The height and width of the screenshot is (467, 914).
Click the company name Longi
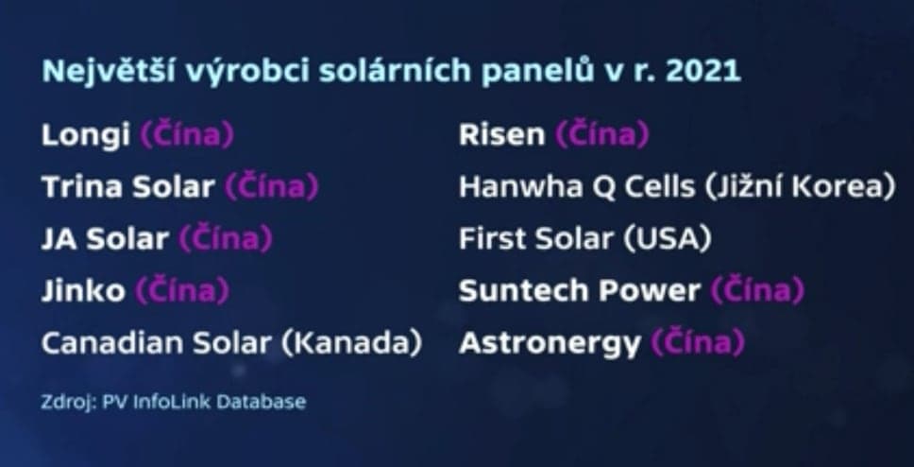[x=86, y=136]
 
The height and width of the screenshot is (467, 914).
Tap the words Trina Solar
[x=127, y=187]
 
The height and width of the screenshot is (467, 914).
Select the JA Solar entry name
[x=104, y=239]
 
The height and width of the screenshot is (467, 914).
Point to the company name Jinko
[x=83, y=291]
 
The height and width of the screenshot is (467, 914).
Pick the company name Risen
[x=501, y=136]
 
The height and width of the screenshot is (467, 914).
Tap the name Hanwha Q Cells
[x=574, y=187]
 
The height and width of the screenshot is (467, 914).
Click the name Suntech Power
[x=580, y=291]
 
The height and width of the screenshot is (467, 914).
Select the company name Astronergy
[x=549, y=343]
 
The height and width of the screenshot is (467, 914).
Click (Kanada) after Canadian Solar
[x=353, y=343]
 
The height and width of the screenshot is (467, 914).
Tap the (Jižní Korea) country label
[x=798, y=187]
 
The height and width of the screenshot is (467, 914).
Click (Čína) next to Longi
[x=186, y=136]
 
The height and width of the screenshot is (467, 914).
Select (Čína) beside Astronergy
[x=698, y=343]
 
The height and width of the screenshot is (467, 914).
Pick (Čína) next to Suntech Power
[x=757, y=291]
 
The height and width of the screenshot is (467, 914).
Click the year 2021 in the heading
[x=705, y=73]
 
